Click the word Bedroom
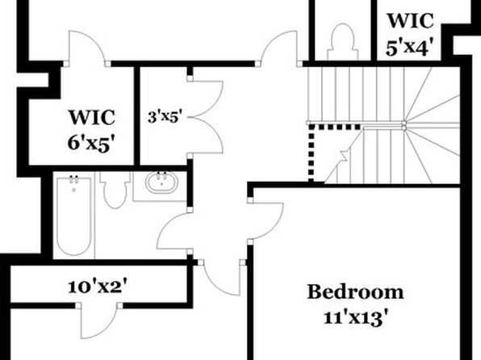(355, 292)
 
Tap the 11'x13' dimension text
(354, 317)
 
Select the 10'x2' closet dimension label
(97, 287)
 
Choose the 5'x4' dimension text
(410, 48)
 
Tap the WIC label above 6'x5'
(92, 117)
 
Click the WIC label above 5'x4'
(411, 20)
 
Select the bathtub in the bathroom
(73, 216)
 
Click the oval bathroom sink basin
(161, 182)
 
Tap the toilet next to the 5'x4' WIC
(343, 42)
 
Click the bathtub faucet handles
(73, 179)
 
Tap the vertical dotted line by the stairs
(311, 153)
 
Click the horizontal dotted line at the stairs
(334, 127)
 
